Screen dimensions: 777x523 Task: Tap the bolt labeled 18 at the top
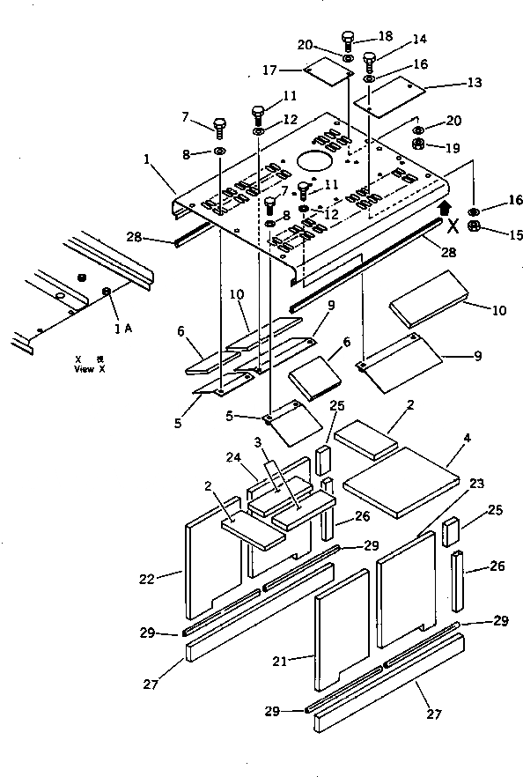(x=349, y=40)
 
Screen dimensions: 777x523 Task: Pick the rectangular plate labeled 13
(x=390, y=96)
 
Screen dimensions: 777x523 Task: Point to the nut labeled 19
(x=420, y=144)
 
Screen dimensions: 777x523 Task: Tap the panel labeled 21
(x=340, y=627)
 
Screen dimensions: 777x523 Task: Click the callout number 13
(x=475, y=82)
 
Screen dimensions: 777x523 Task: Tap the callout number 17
(x=269, y=70)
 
